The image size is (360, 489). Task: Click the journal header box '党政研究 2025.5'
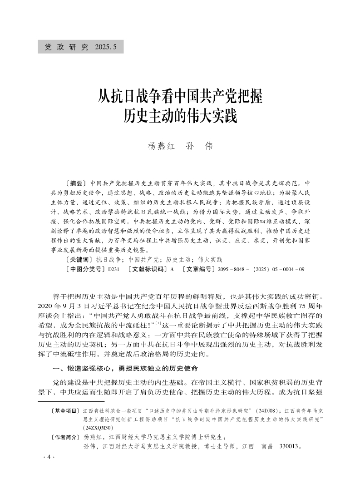coord(80,47)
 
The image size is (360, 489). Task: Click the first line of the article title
coord(181,96)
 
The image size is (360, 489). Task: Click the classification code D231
coord(113,269)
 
